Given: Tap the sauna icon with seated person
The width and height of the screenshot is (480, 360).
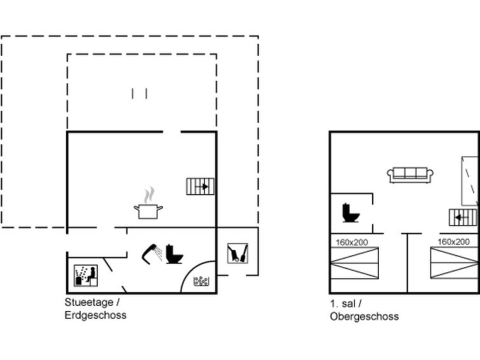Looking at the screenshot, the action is pos(86,276).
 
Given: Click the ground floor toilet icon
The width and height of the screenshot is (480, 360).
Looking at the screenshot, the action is pos(174,254).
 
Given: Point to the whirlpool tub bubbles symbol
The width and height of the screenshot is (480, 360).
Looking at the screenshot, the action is pos(202,281).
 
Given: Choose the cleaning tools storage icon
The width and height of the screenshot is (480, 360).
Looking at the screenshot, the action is pos(238,253).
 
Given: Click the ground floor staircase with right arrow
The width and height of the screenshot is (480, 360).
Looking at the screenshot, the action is pos(200,186).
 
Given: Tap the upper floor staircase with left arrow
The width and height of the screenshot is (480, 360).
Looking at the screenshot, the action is pos(463,218).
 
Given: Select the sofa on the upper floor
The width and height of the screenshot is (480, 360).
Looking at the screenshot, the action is pos(410,176).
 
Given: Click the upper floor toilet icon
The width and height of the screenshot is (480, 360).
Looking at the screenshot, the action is pos(351,212).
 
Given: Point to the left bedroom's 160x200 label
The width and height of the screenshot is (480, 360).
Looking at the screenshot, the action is pos(352,242).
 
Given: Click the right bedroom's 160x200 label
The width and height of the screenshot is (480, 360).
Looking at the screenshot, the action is pos(453,242).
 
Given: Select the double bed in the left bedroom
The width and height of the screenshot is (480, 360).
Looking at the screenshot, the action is pos(355,263).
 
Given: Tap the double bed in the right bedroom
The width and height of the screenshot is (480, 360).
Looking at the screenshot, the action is pos(455,263).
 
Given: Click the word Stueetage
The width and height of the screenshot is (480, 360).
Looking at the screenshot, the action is pos(89,302).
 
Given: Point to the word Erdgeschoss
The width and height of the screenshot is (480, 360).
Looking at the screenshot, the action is pos(95,315).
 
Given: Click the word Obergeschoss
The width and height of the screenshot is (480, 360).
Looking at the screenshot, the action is pos(364,317).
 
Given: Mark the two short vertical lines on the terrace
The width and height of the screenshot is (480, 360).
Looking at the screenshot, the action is pos(140,93).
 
